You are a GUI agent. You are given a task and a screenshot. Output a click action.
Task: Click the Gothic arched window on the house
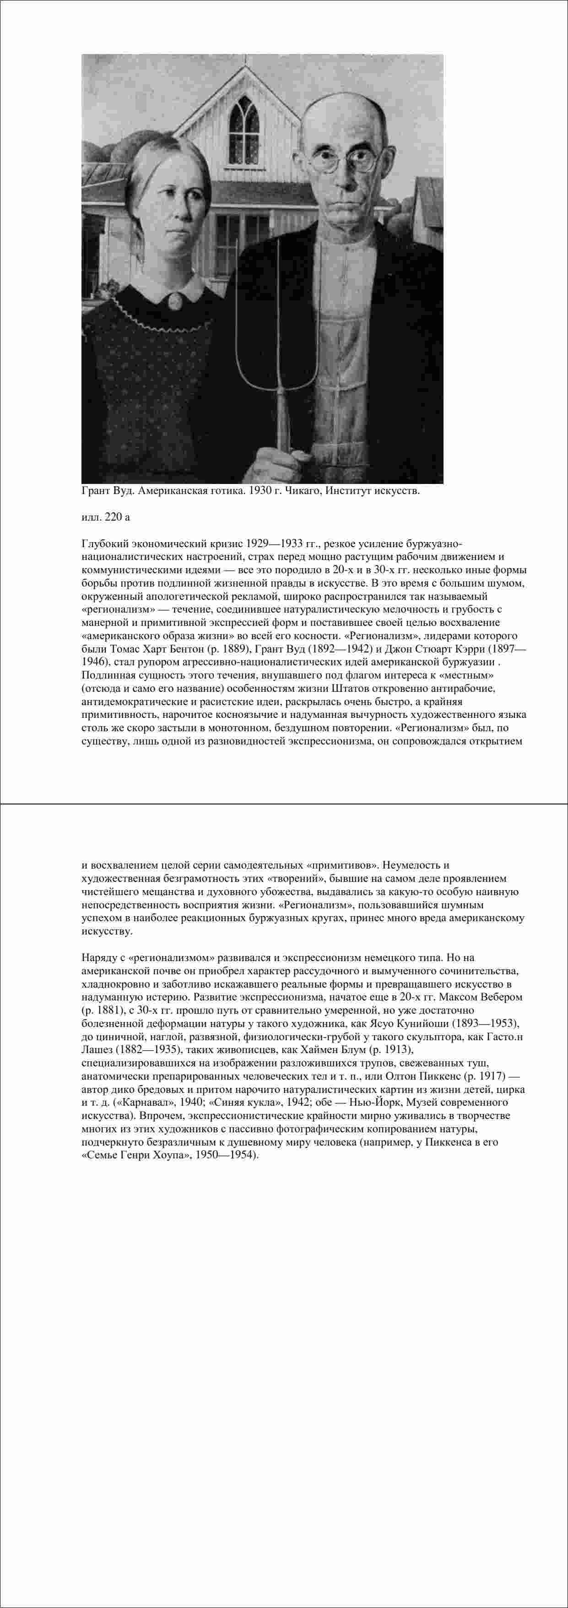coord(244,123)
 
